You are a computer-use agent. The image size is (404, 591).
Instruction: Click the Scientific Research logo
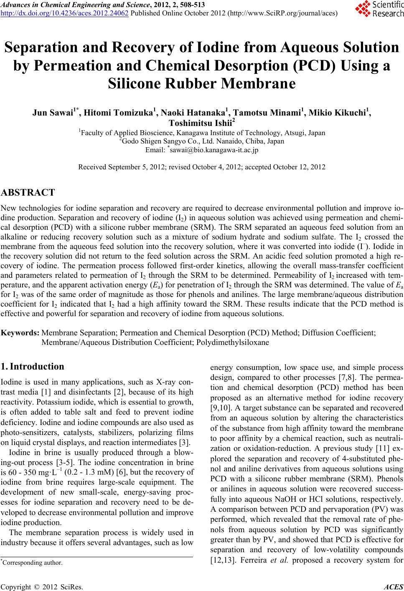coord(378,9)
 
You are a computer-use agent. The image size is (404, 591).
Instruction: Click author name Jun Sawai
coord(49,112)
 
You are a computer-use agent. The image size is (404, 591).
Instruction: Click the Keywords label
coord(20,333)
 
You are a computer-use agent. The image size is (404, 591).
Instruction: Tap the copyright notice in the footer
coord(42,587)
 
